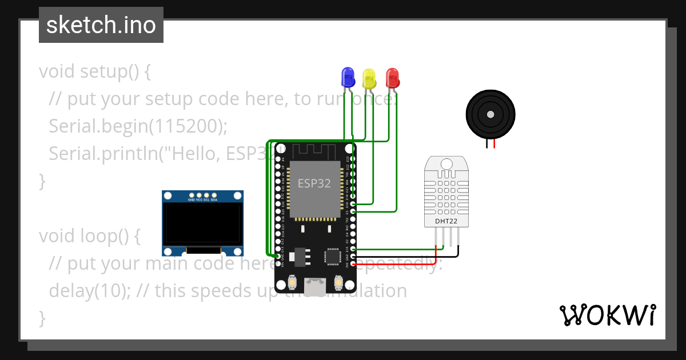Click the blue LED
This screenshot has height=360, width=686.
point(348,77)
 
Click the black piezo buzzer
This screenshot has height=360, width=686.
point(490,114)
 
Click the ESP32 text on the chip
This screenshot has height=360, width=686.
point(314,183)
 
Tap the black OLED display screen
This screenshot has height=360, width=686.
point(202,223)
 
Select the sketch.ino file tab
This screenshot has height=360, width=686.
point(101,25)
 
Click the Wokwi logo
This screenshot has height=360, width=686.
point(607,315)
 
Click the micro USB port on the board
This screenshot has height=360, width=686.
point(314,286)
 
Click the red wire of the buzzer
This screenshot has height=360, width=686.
point(494,144)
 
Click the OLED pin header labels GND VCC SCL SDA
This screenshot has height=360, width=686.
point(202,200)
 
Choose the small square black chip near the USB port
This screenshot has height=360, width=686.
point(333,257)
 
